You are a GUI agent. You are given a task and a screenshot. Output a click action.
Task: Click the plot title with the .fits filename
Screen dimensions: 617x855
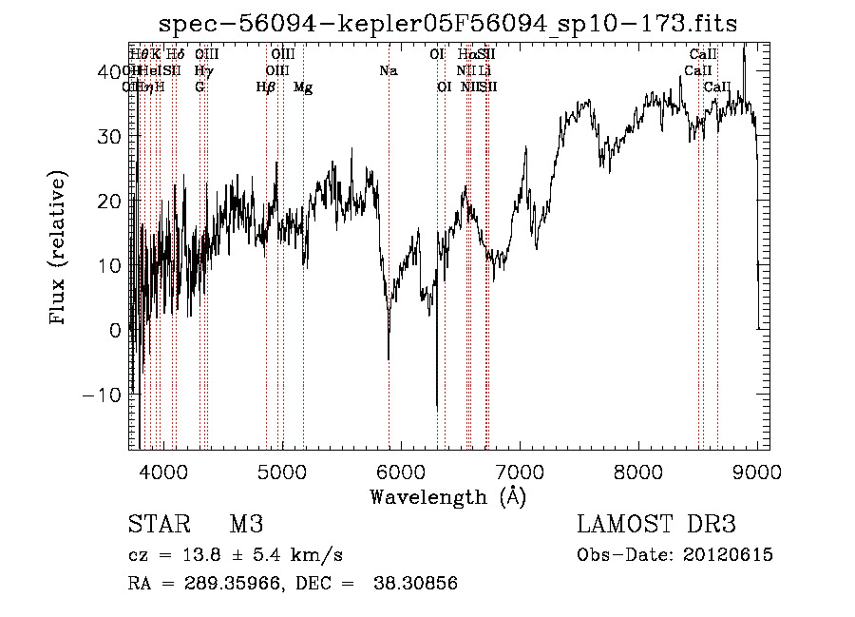click(447, 24)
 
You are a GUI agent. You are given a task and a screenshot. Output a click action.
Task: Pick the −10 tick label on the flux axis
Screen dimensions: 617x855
click(103, 395)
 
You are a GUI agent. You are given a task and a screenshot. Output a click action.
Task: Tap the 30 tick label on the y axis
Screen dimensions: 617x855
click(111, 136)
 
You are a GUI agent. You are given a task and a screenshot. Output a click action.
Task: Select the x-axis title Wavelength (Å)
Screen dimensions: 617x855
click(447, 496)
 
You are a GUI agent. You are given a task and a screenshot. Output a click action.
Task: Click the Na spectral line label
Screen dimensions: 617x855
click(388, 70)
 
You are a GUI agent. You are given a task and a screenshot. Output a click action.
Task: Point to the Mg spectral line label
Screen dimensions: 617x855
click(303, 87)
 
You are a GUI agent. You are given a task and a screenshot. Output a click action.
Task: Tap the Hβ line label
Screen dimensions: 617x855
click(266, 87)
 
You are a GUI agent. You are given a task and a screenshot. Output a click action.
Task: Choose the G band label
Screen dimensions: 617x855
click(199, 87)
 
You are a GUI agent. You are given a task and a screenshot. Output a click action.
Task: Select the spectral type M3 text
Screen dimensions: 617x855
click(246, 525)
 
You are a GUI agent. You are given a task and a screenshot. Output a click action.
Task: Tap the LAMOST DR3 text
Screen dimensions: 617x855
click(656, 525)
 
